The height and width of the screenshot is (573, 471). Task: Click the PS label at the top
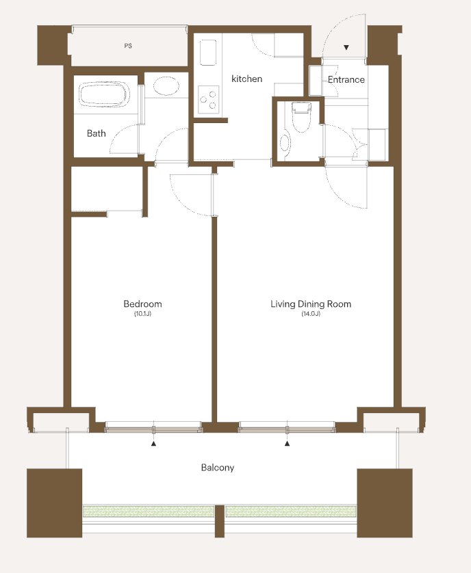(x=128, y=46)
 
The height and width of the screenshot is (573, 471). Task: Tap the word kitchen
(x=246, y=79)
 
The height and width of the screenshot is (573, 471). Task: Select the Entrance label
(x=346, y=79)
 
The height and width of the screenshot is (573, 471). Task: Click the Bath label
(x=97, y=133)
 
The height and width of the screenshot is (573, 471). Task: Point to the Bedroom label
(x=142, y=304)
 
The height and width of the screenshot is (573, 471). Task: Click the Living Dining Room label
(x=311, y=304)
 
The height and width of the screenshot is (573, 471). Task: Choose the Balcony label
(x=218, y=468)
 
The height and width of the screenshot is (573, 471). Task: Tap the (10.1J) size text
(x=142, y=314)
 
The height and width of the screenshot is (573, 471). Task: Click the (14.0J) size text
(x=311, y=314)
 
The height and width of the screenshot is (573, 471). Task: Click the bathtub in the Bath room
(x=104, y=94)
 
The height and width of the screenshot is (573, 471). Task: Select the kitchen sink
(x=208, y=52)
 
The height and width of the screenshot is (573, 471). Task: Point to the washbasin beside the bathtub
(x=166, y=86)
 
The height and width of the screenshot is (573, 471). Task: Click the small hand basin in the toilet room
(x=285, y=143)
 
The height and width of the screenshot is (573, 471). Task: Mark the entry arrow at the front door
(x=346, y=47)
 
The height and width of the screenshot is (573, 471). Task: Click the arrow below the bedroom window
(x=154, y=444)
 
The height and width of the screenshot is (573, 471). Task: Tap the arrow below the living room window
(x=288, y=444)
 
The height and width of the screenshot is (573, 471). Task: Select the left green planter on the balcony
(x=149, y=511)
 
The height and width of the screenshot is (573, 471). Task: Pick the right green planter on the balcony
(x=291, y=511)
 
